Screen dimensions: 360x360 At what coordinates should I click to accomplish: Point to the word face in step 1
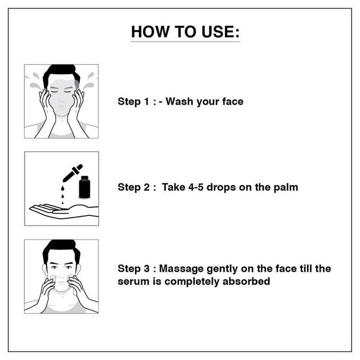[x=233, y=101]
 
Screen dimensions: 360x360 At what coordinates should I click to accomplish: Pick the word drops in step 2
[x=221, y=187]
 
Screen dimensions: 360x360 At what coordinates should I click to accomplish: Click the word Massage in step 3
[x=181, y=269]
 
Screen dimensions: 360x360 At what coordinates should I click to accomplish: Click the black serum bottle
[x=84, y=187]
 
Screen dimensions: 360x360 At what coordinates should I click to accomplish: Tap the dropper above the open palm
[x=73, y=173]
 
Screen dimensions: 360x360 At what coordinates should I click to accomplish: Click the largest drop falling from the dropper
[x=62, y=188]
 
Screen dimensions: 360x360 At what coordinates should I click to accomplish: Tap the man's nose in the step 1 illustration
[x=61, y=99]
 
